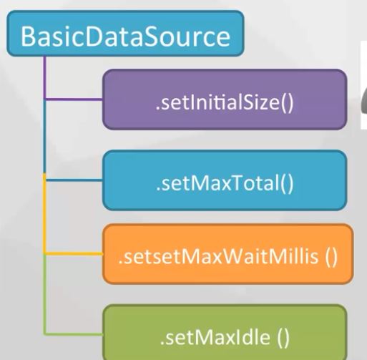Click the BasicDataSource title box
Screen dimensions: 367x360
(x=125, y=34)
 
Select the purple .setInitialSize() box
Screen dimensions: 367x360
(x=225, y=99)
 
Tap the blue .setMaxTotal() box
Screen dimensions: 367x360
(x=225, y=180)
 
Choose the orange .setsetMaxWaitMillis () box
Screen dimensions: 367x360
(x=227, y=254)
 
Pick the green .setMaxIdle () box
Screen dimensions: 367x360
(x=225, y=332)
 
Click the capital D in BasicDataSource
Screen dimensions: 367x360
(x=94, y=37)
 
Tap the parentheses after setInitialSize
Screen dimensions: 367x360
(x=287, y=103)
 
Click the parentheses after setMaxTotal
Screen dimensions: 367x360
(x=287, y=184)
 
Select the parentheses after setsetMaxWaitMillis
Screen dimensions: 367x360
(x=331, y=256)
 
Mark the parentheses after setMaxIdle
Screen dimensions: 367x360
(x=283, y=337)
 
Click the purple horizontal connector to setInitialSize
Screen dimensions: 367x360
(x=74, y=99)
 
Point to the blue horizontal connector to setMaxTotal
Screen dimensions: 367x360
(x=74, y=180)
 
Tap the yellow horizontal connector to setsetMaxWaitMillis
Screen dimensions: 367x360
(x=74, y=253)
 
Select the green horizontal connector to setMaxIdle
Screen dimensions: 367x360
(x=74, y=334)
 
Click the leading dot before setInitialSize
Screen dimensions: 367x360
(x=157, y=108)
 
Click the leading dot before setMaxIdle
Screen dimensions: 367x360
(x=162, y=343)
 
